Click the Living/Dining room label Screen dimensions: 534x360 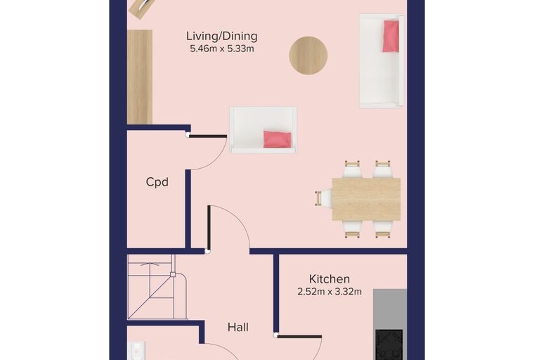point(222,36)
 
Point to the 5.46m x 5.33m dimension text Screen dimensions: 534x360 point(222,49)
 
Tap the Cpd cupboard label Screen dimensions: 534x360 point(157,181)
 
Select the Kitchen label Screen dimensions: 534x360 point(330,279)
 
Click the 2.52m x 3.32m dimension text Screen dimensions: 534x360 point(330,292)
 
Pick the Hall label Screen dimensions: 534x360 point(237,327)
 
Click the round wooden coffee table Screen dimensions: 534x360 point(308,56)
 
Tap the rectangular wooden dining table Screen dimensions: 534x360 point(366,199)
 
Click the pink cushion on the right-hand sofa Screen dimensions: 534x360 point(391,36)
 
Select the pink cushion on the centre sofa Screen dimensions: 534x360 point(278,139)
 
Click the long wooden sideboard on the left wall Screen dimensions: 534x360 point(140,77)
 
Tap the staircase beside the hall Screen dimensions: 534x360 point(157,287)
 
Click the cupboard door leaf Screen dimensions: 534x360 point(208,136)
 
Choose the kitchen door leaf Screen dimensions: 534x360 point(299,337)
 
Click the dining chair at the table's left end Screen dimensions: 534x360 point(323,198)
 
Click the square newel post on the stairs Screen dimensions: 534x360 point(173,274)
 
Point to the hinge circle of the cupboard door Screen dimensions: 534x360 point(188,135)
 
